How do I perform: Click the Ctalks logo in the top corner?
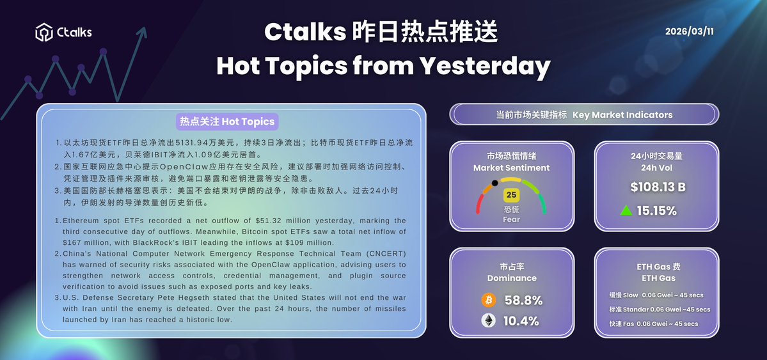(63, 31)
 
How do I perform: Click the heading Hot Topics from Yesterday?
(383, 66)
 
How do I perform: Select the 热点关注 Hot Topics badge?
(227, 121)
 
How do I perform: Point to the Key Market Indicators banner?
(584, 115)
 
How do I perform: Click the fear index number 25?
(511, 195)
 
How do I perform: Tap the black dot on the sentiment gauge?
(493, 183)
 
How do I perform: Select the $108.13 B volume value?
(657, 187)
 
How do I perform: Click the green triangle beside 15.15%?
(626, 210)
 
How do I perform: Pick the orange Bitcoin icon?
(488, 300)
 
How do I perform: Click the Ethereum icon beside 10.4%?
(488, 321)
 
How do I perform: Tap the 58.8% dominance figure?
(523, 300)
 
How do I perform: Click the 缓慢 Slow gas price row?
(656, 295)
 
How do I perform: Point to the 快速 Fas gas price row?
(654, 324)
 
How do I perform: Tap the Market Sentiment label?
(511, 168)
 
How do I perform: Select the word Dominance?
(512, 278)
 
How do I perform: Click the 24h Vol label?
(658, 168)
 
